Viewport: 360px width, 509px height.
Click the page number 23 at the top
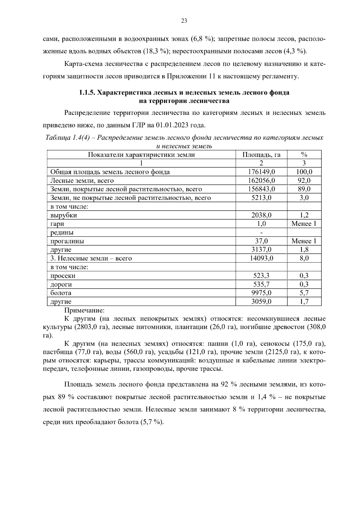pos(184,21)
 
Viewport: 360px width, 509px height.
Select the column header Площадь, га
pos(261,155)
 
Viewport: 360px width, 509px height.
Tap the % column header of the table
pos(304,155)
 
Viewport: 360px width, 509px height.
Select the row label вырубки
pos(64,215)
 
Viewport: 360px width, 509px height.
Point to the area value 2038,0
pos(261,215)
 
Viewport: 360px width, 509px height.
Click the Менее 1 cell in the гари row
pos(304,224)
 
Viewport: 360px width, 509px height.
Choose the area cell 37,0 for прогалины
pos(261,241)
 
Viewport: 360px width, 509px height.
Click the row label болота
pos(61,293)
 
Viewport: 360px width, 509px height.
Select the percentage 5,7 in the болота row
pos(304,293)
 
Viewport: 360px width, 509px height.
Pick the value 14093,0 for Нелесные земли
pos(261,258)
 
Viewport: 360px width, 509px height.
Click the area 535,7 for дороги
pos(261,284)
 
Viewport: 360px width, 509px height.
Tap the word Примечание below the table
pos(84,310)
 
